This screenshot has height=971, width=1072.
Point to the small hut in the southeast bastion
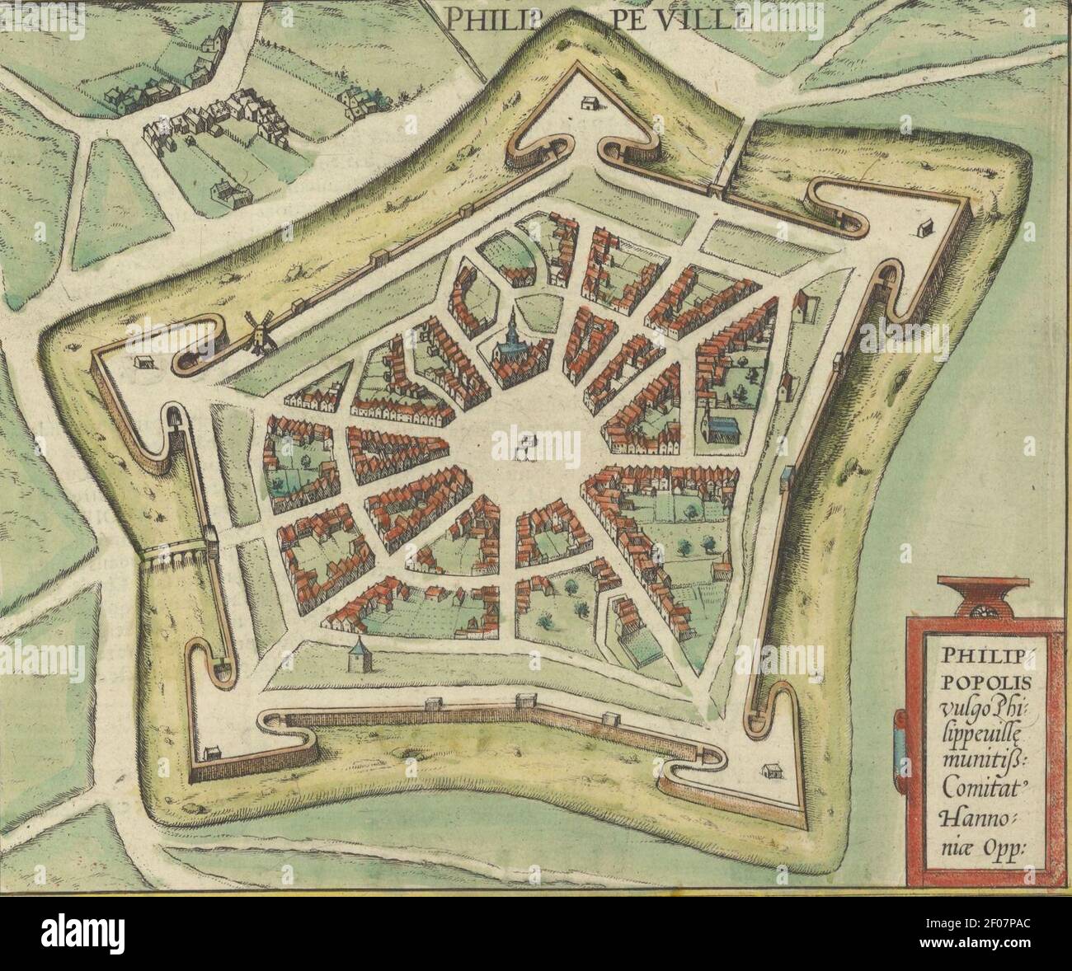point(773,771)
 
